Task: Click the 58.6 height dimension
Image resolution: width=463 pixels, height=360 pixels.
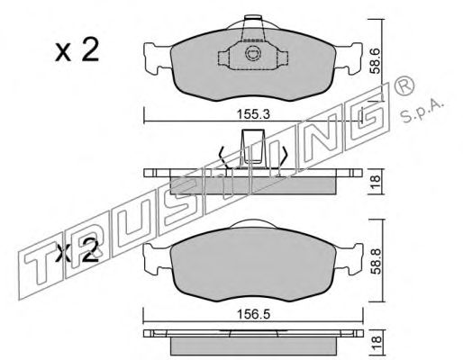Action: pos(375,61)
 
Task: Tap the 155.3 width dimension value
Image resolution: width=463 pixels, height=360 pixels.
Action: pos(253,114)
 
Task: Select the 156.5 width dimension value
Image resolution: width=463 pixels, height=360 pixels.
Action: pos(253,314)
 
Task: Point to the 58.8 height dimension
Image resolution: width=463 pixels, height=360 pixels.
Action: pos(375,261)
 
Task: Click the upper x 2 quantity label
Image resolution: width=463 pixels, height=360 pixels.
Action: pos(77,49)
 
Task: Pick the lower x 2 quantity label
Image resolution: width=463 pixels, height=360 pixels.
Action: pos(77,250)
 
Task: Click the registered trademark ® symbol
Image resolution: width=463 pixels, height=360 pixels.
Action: pos(404,86)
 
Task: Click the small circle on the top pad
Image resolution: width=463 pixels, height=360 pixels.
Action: pos(252,53)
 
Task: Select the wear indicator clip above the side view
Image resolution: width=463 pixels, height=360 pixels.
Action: pos(253,147)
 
